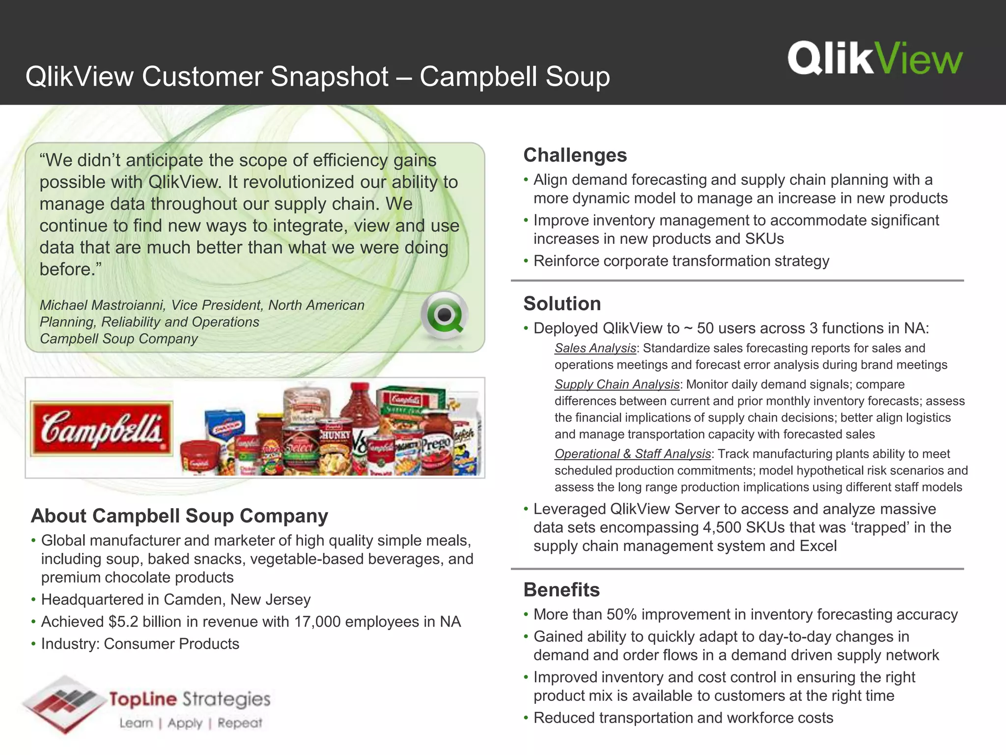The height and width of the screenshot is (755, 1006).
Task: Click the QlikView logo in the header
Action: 875,58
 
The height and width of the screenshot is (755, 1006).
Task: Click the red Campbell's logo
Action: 102,428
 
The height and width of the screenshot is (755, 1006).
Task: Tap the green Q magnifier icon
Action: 444,315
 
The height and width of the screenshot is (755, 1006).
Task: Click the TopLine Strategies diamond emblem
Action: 64,704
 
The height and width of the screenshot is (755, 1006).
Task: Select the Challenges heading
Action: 575,155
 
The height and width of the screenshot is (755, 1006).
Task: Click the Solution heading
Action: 562,304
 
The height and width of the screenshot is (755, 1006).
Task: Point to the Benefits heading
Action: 561,590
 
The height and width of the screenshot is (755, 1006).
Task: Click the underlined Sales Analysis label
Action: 595,348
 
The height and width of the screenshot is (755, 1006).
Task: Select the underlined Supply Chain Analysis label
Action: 617,384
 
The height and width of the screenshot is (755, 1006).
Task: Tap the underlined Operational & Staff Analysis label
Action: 633,454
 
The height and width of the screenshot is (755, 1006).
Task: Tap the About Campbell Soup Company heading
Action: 179,516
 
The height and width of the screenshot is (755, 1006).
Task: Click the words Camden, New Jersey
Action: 237,600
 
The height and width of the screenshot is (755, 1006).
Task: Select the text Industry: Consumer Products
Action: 140,644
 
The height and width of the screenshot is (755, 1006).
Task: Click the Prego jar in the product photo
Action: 436,445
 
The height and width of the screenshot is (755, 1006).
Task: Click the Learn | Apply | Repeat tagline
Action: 191,723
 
